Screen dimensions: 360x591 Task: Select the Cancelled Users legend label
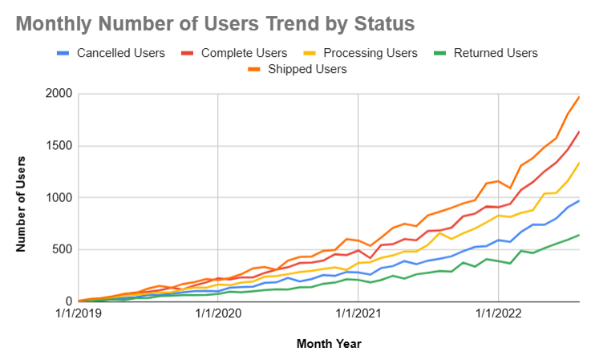point(121,54)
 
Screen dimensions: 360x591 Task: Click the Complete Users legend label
point(246,54)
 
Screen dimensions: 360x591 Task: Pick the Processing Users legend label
point(370,54)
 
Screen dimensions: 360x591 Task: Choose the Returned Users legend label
point(496,54)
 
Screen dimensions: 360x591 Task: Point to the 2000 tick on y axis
point(59,94)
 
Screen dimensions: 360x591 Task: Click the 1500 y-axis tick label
point(59,146)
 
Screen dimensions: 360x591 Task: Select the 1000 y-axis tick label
point(59,198)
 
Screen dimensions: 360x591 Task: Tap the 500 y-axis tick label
point(62,249)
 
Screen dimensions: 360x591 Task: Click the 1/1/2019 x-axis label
point(79,314)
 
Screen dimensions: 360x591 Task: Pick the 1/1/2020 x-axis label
point(218,314)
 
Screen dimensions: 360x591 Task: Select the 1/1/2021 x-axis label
point(358,314)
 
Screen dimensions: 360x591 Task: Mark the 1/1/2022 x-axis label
point(498,314)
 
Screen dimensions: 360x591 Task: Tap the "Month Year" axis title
point(329,344)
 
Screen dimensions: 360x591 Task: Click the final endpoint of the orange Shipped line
point(579,96)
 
